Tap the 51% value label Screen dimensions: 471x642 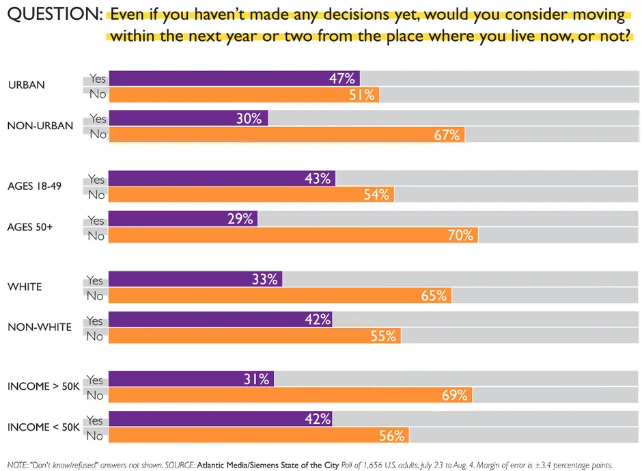[362, 95]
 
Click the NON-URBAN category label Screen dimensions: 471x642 [40, 126]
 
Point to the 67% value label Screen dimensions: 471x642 [447, 135]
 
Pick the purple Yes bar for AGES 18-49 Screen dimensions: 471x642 [222, 178]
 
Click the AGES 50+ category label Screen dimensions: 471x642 [30, 226]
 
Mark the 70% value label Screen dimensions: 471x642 [460, 235]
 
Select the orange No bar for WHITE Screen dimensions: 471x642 [280, 295]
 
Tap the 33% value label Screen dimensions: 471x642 [264, 279]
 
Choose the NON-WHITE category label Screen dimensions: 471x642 [40, 327]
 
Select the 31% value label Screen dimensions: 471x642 [257, 379]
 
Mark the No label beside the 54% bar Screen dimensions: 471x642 [96, 195]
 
